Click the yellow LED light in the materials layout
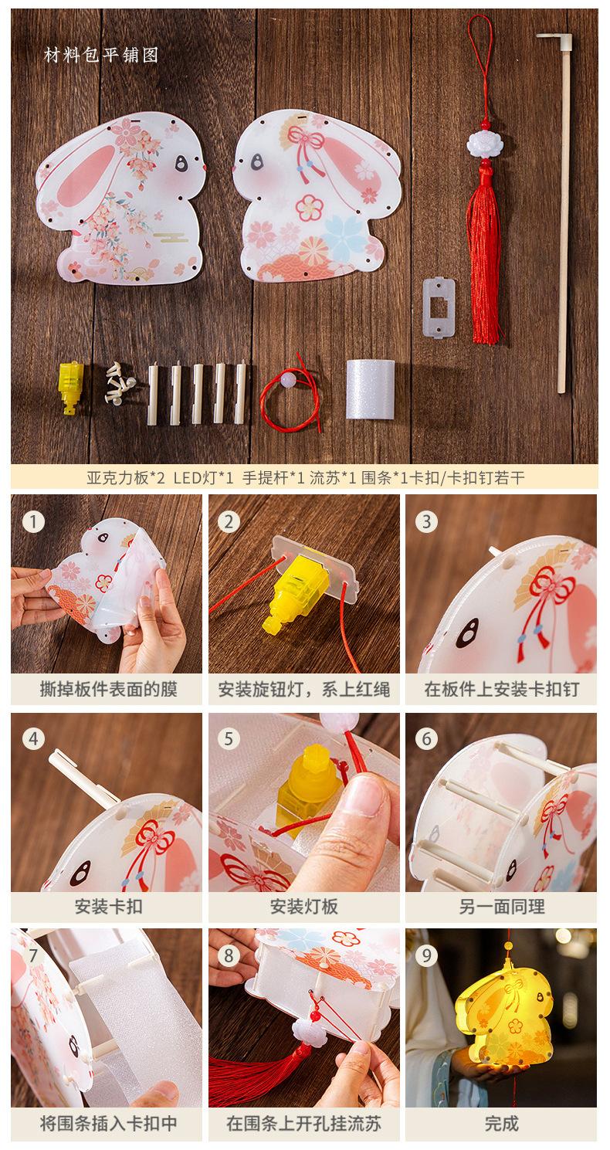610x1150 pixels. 70,387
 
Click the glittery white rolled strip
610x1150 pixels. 370,388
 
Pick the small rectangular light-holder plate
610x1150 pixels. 439,307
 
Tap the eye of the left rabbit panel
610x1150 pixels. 181,163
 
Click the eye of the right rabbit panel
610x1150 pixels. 256,161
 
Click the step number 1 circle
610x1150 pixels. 34,521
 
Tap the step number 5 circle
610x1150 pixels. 229,739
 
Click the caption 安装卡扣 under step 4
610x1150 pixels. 108,907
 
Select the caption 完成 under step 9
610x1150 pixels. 501,1123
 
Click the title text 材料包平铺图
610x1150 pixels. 100,55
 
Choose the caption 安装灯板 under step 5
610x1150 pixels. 304,907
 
